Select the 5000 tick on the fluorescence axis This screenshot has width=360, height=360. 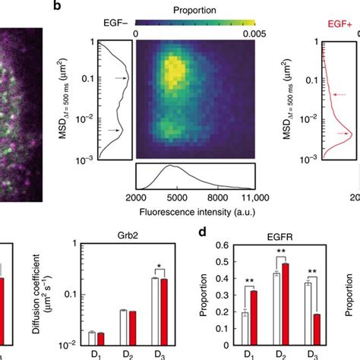click(182, 197)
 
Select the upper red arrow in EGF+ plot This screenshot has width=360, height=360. click(335, 95)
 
